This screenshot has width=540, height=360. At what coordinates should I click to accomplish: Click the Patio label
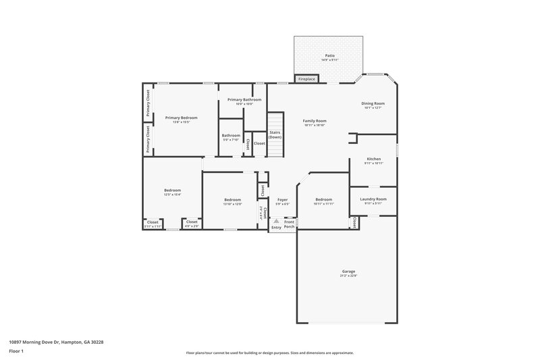tap(330, 55)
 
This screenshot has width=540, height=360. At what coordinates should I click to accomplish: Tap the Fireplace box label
tap(306, 80)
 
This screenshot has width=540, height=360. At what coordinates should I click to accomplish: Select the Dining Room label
tap(373, 103)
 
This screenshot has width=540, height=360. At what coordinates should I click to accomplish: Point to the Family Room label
tap(315, 120)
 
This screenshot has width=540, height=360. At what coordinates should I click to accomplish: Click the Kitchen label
tap(374, 159)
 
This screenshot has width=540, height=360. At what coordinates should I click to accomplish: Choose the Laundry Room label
tap(373, 199)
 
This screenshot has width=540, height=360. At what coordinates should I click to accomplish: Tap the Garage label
tap(348, 271)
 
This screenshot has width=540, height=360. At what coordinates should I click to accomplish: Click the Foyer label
tap(283, 199)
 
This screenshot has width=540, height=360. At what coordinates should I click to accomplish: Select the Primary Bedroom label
tap(181, 118)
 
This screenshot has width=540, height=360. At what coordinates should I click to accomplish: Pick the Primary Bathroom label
tap(244, 99)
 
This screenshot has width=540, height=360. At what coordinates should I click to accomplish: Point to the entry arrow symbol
tap(276, 221)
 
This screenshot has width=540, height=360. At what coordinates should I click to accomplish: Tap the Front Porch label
tap(289, 224)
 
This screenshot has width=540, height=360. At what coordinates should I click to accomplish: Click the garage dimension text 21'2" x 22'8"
tap(348, 276)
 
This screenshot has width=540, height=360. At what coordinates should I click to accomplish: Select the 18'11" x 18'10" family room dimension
tap(315, 125)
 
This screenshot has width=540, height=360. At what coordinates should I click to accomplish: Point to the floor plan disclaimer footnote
tap(270, 353)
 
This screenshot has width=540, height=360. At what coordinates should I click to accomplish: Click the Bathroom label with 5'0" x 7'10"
tap(231, 135)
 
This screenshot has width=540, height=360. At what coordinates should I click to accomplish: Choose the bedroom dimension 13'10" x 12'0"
tap(233, 204)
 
